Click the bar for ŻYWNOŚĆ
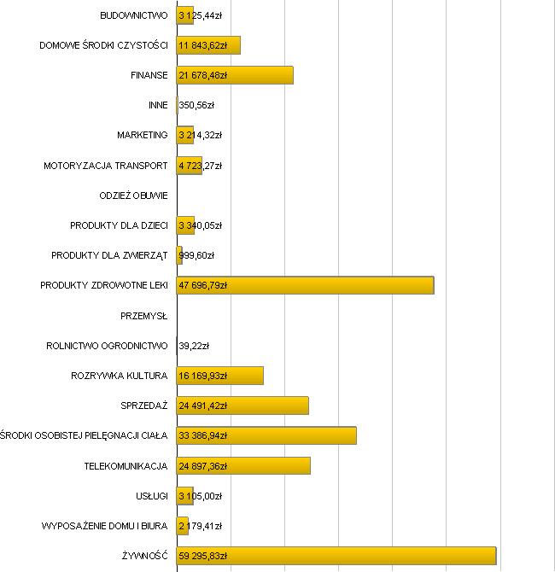click(x=336, y=556)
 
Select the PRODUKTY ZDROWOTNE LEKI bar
click(x=305, y=285)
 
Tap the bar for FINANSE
click(x=235, y=75)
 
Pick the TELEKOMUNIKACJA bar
click(x=243, y=465)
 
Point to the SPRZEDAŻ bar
click(x=242, y=406)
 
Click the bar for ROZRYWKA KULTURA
click(x=220, y=376)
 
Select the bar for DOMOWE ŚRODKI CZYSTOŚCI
click(x=208, y=45)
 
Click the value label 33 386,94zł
click(x=203, y=435)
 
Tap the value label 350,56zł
click(x=196, y=105)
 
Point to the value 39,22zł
click(x=194, y=346)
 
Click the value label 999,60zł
click(x=196, y=255)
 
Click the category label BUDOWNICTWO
click(x=134, y=15)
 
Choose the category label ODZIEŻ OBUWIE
click(x=134, y=196)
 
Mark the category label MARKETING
click(x=143, y=135)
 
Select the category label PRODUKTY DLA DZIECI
click(x=120, y=225)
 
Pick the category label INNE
click(x=158, y=105)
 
